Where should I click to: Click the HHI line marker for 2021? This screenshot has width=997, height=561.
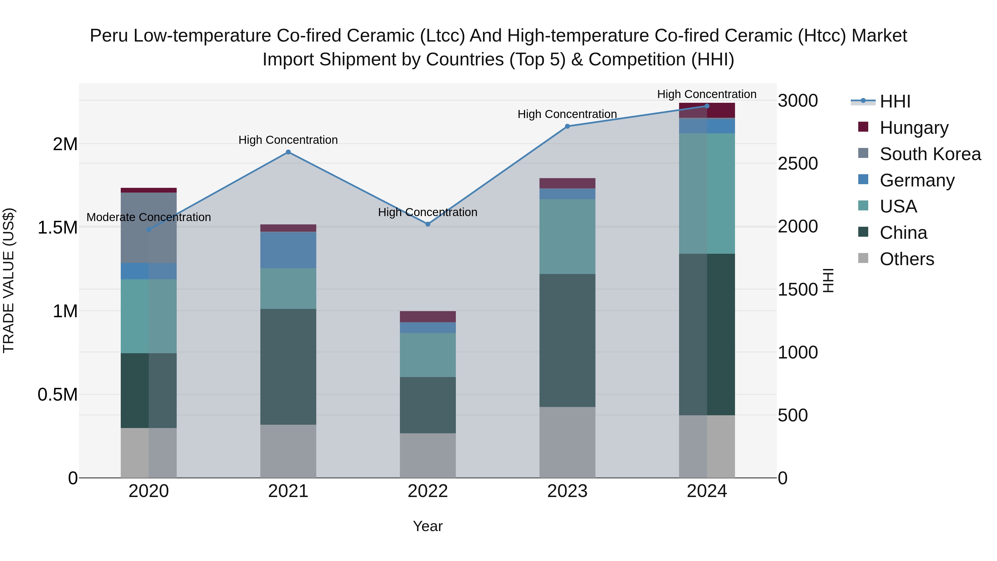click(x=288, y=152)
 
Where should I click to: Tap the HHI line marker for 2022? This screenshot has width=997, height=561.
click(x=428, y=224)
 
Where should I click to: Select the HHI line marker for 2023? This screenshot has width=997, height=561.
click(x=567, y=126)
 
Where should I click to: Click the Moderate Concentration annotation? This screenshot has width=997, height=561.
click(x=149, y=217)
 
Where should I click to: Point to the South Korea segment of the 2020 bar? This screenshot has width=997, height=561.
click(x=149, y=228)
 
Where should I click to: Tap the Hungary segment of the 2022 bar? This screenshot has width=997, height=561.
click(x=428, y=316)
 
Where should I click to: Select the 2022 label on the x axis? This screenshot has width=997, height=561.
click(x=428, y=491)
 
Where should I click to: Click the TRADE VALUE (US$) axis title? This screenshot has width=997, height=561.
click(x=9, y=280)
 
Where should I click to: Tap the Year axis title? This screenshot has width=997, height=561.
click(x=428, y=526)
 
